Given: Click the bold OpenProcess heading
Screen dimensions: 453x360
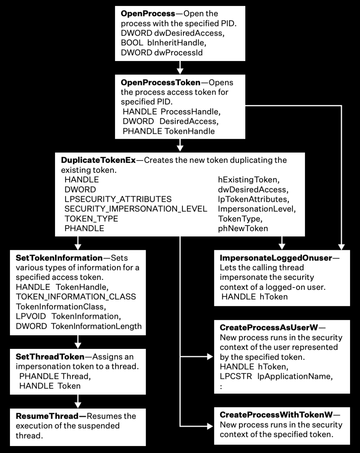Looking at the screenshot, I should click(x=148, y=14).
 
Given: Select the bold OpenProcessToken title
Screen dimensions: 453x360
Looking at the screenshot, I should click(x=160, y=82).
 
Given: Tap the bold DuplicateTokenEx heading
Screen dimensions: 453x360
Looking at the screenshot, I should click(x=98, y=160).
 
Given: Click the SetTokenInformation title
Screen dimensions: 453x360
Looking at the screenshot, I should click(x=59, y=258).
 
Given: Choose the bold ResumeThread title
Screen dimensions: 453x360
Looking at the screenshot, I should click(x=47, y=416).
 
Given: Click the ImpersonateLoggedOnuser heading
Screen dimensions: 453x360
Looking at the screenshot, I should click(x=276, y=258).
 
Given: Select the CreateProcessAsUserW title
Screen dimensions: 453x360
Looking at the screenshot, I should click(x=269, y=328).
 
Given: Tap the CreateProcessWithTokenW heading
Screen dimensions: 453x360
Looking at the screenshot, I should click(x=276, y=415).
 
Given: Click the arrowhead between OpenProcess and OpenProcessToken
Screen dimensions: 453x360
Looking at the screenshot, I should click(x=180, y=71).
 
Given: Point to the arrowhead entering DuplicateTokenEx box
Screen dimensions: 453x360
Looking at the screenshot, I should click(x=180, y=148).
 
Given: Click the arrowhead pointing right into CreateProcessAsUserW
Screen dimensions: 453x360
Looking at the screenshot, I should click(x=210, y=357).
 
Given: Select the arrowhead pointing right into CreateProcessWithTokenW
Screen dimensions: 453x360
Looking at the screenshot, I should click(x=210, y=426).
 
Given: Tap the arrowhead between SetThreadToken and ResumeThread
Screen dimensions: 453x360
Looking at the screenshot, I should click(x=78, y=405).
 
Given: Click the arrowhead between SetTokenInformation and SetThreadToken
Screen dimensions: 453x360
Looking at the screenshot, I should click(x=78, y=345).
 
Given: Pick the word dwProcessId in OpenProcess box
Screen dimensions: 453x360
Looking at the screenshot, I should click(x=178, y=53).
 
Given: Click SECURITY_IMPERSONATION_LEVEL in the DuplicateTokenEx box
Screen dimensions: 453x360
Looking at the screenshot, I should click(x=136, y=209).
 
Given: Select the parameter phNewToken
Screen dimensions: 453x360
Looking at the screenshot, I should click(x=243, y=229).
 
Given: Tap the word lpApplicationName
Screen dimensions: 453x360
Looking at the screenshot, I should click(x=295, y=376).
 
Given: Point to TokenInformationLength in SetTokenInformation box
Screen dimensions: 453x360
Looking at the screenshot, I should click(x=96, y=326).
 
